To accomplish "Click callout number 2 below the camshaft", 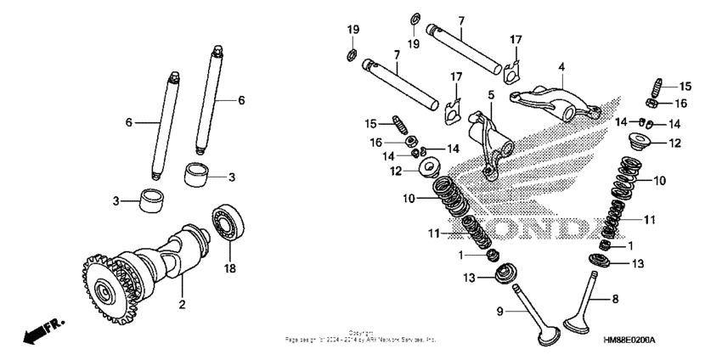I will click(181, 303).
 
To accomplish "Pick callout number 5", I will click(491, 93).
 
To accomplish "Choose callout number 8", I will click(616, 299).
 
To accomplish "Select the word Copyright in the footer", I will click(361, 333).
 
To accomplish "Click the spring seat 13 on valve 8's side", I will click(602, 261).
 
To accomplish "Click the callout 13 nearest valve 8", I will click(639, 263).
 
